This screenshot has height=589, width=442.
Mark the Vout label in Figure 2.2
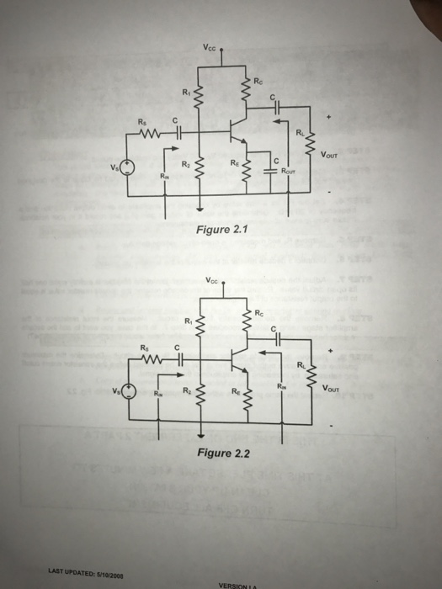pos(334,388)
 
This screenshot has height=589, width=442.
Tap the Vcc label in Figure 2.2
pos(210,280)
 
